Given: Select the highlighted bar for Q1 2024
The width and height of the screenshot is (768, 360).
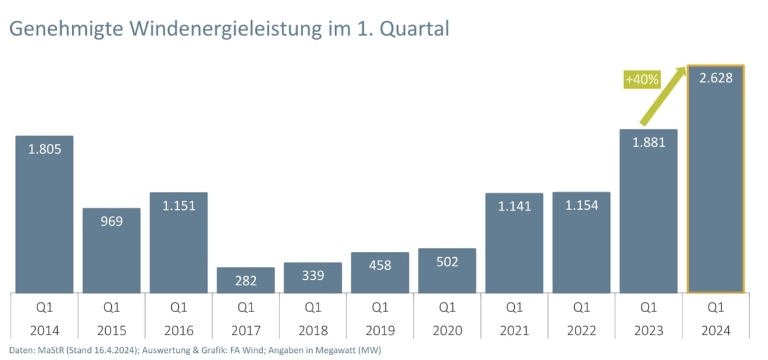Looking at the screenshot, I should [715, 190].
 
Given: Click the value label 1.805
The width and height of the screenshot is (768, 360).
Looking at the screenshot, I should [45, 149].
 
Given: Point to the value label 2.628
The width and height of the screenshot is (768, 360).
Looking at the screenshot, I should [716, 78].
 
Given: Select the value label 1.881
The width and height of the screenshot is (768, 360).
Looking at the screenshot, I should [648, 142].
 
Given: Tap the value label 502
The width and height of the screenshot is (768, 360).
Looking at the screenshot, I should [447, 261].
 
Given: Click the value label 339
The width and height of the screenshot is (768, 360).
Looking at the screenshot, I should [313, 276].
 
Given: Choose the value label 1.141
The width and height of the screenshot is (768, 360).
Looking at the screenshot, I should [514, 206].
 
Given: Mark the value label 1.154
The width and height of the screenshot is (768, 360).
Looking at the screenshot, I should [581, 205].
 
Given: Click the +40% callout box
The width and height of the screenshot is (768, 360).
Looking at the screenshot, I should [642, 79].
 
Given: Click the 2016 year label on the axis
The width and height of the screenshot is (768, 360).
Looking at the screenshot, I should [178, 330].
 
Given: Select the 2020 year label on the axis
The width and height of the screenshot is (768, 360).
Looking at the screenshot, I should [447, 330].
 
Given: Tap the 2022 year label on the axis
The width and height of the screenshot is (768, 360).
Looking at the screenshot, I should [581, 330].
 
